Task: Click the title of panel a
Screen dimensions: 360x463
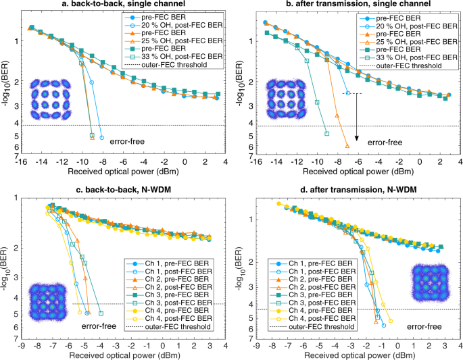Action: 121,5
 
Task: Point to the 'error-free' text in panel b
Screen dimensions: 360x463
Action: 385,143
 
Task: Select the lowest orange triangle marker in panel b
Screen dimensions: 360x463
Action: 347,145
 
